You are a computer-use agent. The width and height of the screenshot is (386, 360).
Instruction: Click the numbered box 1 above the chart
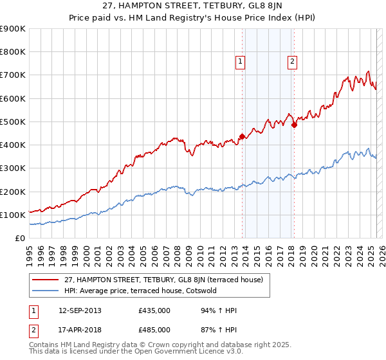pyautogui.click(x=239, y=62)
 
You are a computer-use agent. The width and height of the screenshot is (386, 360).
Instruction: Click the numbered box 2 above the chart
pyautogui.click(x=292, y=62)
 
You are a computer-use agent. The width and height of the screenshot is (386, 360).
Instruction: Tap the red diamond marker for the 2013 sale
pyautogui.click(x=242, y=136)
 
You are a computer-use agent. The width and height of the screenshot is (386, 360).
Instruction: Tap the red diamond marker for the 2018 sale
pyautogui.click(x=294, y=125)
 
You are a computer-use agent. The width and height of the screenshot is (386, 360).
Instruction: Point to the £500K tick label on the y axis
pyautogui.click(x=13, y=122)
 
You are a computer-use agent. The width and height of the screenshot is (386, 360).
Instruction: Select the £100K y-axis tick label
pyautogui.click(x=13, y=215)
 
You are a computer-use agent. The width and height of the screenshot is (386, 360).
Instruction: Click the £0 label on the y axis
pyautogui.click(x=19, y=238)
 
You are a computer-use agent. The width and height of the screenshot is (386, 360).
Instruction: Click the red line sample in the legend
pyautogui.click(x=46, y=280)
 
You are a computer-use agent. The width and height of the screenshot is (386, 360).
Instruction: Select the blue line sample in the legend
pyautogui.click(x=46, y=291)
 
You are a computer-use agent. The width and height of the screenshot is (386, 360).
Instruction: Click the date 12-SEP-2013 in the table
pyautogui.click(x=80, y=310)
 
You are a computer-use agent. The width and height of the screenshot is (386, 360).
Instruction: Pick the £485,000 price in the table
pyautogui.click(x=154, y=329)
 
